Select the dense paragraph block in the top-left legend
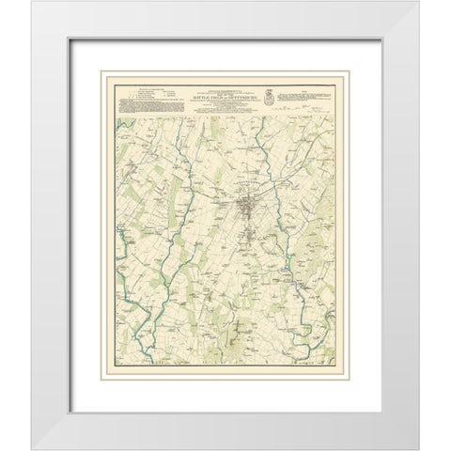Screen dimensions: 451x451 point(141,102)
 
